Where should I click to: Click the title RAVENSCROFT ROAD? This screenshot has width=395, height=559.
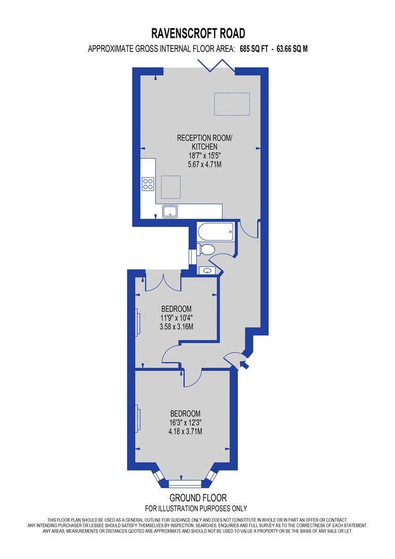pyautogui.click(x=198, y=34)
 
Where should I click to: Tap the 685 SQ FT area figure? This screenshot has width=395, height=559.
pyautogui.click(x=253, y=49)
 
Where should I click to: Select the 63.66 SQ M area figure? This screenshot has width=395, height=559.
pyautogui.click(x=292, y=49)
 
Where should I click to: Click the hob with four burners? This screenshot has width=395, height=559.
pyautogui.click(x=148, y=184)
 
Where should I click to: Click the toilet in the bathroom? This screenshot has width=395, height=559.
pyautogui.click(x=205, y=249)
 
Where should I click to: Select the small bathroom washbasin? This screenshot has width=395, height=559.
pyautogui.click(x=207, y=271)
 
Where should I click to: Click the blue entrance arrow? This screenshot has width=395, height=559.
pyautogui.click(x=244, y=365)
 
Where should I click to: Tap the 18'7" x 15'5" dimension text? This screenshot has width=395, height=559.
pyautogui.click(x=204, y=156)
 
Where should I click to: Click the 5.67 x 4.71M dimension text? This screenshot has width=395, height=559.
pyautogui.click(x=204, y=165)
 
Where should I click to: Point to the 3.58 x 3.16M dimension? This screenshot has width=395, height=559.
pyautogui.click(x=176, y=326)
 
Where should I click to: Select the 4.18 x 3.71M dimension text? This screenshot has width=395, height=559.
pyautogui.click(x=185, y=431)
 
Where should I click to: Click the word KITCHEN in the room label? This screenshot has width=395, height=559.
pyautogui.click(x=204, y=147)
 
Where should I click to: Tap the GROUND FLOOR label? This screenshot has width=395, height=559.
pyautogui.click(x=198, y=498)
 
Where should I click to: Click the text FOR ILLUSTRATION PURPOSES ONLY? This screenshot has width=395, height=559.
pyautogui.click(x=196, y=508)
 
